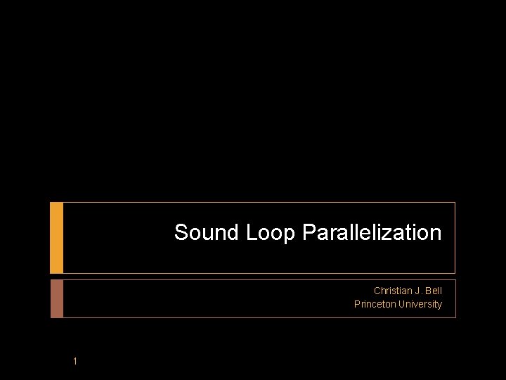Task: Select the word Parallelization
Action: [x=372, y=233]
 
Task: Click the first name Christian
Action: [x=393, y=291]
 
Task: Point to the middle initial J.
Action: [x=417, y=291]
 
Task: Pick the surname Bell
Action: [x=433, y=291]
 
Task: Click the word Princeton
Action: [x=375, y=304]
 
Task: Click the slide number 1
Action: [x=74, y=362]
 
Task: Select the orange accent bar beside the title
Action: [x=57, y=238]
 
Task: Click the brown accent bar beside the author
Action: [x=57, y=298]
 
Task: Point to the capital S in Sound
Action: [x=181, y=233]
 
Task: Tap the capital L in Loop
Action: [x=252, y=233]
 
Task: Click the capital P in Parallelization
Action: [x=309, y=233]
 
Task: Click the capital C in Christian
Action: [x=377, y=291]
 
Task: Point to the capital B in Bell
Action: [x=427, y=291]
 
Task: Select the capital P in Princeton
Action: [x=357, y=304]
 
